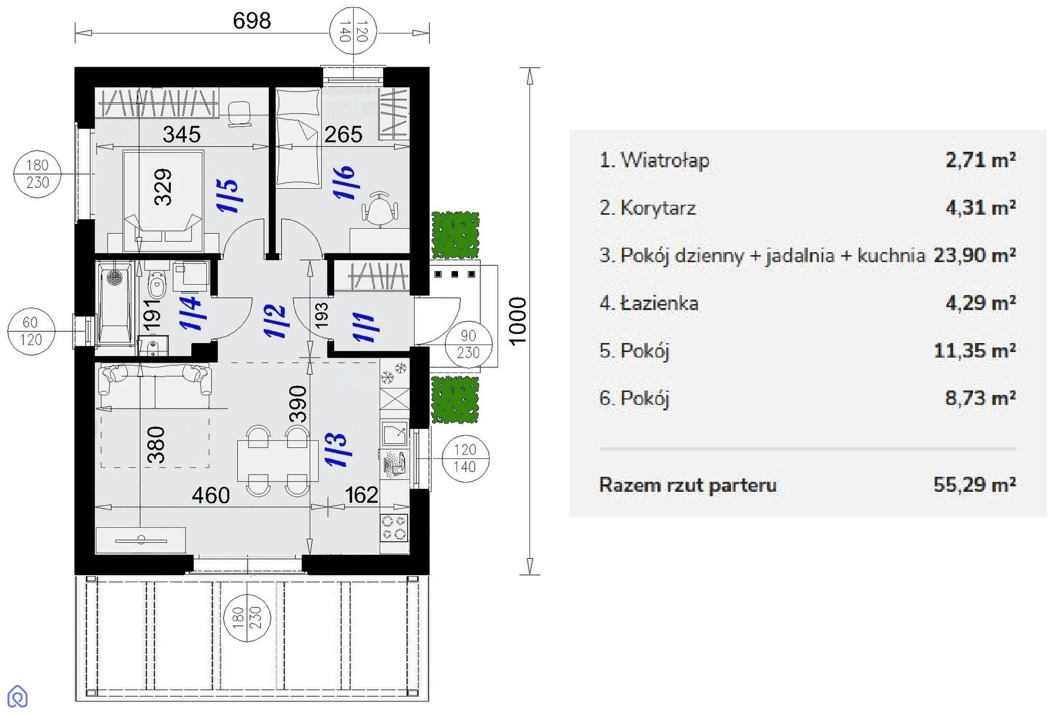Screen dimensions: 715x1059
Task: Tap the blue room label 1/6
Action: (x=345, y=183)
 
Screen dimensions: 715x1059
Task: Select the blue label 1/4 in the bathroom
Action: (x=191, y=313)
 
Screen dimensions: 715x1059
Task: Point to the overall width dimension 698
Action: (x=252, y=21)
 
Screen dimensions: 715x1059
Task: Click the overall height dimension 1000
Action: (x=518, y=321)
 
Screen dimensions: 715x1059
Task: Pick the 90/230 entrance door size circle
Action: (x=468, y=345)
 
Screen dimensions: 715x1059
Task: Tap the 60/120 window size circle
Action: (x=30, y=331)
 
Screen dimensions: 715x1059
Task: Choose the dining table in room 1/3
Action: (x=278, y=460)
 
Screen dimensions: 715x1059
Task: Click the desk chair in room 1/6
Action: (x=381, y=207)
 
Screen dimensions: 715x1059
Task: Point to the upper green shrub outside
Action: (x=455, y=235)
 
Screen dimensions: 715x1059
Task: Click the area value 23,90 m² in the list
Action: (x=974, y=255)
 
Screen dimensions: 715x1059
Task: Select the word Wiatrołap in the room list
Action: (x=664, y=160)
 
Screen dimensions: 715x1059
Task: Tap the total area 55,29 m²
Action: (x=974, y=484)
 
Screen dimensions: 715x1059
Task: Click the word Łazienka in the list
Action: (x=659, y=303)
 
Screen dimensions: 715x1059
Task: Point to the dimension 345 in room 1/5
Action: (x=182, y=134)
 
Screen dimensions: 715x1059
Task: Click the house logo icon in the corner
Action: (x=17, y=696)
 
